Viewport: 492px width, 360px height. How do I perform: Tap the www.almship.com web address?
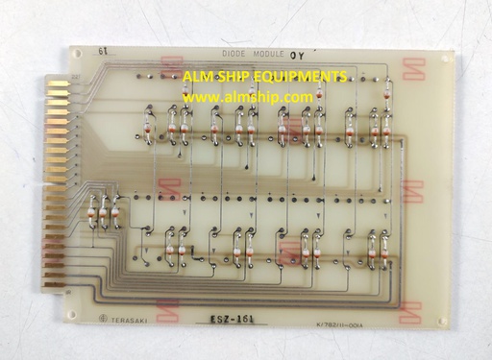coord(248,97)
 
